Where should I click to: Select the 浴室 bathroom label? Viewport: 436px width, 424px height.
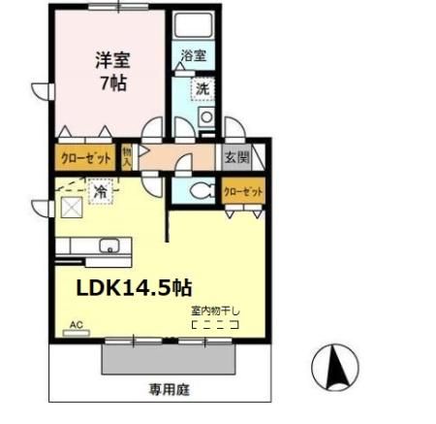point(193,56)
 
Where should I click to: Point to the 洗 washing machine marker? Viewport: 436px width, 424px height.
point(202,88)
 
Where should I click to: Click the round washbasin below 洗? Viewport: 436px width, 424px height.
point(205,117)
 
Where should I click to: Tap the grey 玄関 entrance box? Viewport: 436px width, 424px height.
point(237,156)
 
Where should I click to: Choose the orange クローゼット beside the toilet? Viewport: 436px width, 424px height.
point(243,192)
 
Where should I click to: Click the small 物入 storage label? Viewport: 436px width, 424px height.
point(128,156)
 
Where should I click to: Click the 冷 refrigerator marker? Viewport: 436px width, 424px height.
point(100,192)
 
